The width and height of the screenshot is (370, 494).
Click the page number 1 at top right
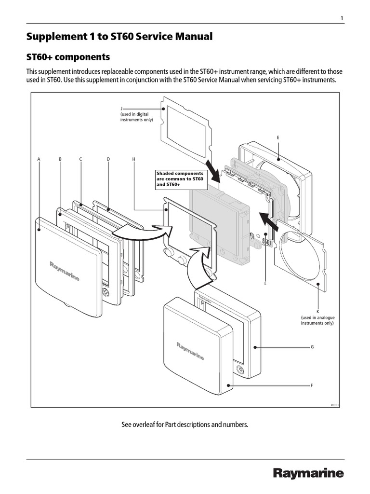coord(342,18)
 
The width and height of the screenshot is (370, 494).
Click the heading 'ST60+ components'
coord(68,57)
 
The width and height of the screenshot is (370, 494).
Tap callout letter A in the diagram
coord(39,159)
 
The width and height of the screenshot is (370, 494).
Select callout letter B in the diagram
coord(60,159)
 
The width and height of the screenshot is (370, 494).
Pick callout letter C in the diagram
coord(80,159)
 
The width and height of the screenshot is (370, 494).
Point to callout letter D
coord(108,159)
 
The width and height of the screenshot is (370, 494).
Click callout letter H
coord(133,159)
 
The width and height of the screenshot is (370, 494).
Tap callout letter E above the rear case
coord(277,138)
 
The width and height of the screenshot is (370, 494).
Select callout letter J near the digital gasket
coord(121,109)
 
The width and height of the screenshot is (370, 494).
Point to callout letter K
coord(317,312)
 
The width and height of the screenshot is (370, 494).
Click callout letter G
coord(312,347)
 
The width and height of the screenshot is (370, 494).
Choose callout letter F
coord(312,385)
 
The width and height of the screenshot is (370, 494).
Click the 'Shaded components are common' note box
coord(180,179)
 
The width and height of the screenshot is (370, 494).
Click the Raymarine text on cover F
coord(190,351)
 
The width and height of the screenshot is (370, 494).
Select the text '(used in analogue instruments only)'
coord(317,320)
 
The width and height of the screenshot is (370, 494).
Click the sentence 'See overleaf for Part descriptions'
coord(185,425)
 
